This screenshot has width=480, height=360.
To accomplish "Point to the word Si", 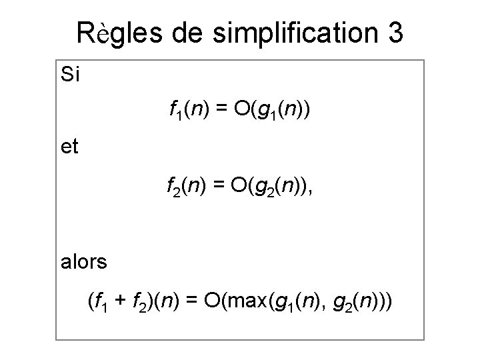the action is tap(69, 74).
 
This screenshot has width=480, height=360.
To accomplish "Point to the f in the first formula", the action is tap(172, 109).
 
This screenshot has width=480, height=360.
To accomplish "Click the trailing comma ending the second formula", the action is tap(309, 194).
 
